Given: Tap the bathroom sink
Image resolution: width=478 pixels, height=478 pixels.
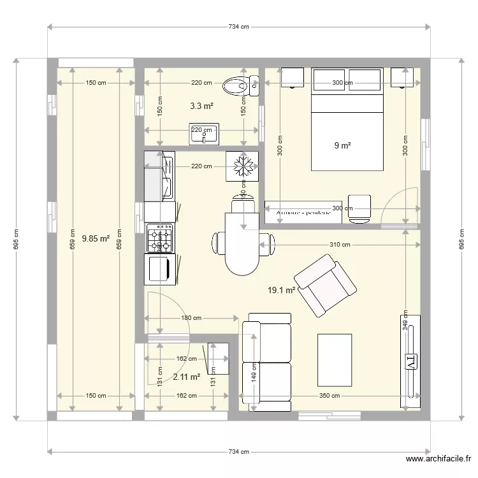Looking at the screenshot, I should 204,133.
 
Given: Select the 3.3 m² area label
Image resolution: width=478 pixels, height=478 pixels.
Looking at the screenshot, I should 202,106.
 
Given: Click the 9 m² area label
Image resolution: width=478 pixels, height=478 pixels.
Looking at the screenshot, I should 343,145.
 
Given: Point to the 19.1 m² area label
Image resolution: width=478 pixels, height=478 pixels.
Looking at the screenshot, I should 281,290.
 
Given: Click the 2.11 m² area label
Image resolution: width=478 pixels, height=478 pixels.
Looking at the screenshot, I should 186,377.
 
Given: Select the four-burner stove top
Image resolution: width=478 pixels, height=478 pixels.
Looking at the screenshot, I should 159,238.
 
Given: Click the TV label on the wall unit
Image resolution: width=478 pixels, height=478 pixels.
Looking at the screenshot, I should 410,361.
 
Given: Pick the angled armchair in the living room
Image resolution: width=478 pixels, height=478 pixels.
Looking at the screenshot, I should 324,285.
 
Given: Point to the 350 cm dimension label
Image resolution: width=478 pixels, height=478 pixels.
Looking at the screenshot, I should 328,396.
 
